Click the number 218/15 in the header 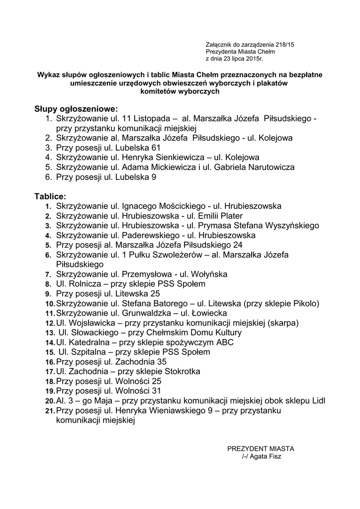(x=284, y=45)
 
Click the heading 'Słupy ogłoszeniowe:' (x=77, y=108)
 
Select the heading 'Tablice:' (x=50, y=196)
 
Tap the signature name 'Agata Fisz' (x=265, y=456)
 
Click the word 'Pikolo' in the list (x=305, y=303)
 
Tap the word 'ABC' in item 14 (x=225, y=342)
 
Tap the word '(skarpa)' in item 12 (x=283, y=323)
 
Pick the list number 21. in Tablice (x=49, y=411)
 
